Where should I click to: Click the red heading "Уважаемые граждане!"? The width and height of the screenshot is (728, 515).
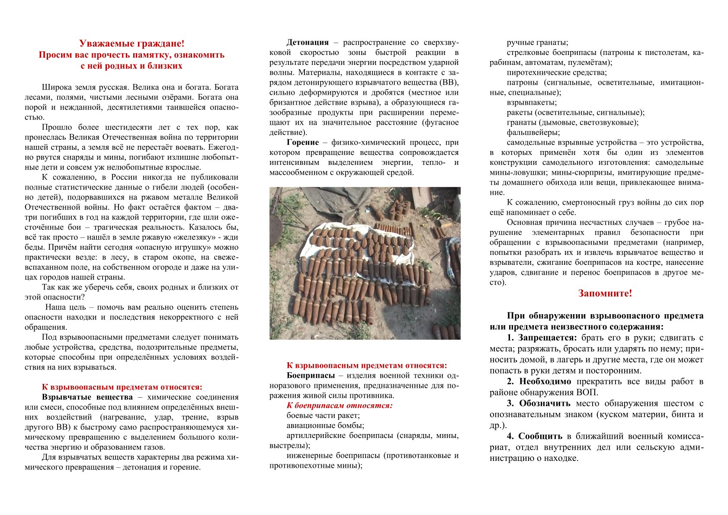pyautogui.click(x=131, y=44)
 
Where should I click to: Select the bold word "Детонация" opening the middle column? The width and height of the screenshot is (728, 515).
pyautogui.click(x=308, y=42)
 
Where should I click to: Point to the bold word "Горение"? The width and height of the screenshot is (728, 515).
pyautogui.click(x=303, y=142)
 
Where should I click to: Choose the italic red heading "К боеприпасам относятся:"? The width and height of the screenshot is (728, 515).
pyautogui.click(x=340, y=406)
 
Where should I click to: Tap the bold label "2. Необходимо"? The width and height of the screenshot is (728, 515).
pyautogui.click(x=539, y=382)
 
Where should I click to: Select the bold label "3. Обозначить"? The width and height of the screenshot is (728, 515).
pyautogui.click(x=539, y=403)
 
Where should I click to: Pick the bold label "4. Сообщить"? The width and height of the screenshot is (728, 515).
pyautogui.click(x=535, y=436)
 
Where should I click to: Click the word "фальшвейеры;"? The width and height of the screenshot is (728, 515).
pyautogui.click(x=533, y=132)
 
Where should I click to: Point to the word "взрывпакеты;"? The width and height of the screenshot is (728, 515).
pyautogui.click(x=532, y=103)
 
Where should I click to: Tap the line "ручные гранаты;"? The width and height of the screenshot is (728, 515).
pyautogui.click(x=538, y=42)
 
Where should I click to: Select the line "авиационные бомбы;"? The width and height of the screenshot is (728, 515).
pyautogui.click(x=325, y=425)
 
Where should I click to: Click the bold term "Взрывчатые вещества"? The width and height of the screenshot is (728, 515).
pyautogui.click(x=87, y=397)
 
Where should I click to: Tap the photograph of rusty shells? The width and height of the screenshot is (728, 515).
pyautogui.click(x=365, y=263)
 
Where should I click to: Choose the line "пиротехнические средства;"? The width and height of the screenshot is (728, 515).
pyautogui.click(x=557, y=73)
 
